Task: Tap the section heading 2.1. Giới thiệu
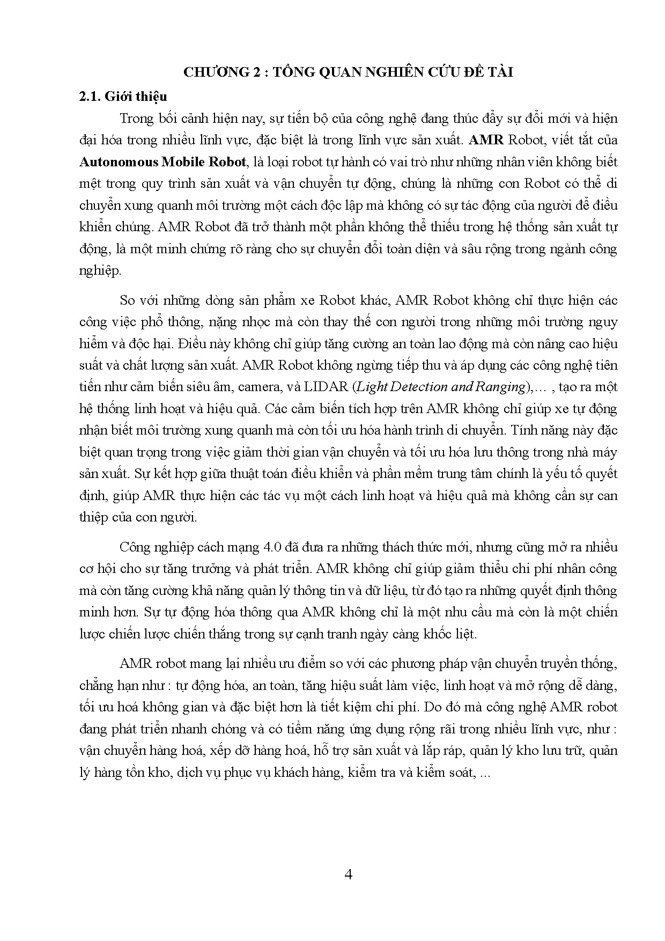tap(123, 97)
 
